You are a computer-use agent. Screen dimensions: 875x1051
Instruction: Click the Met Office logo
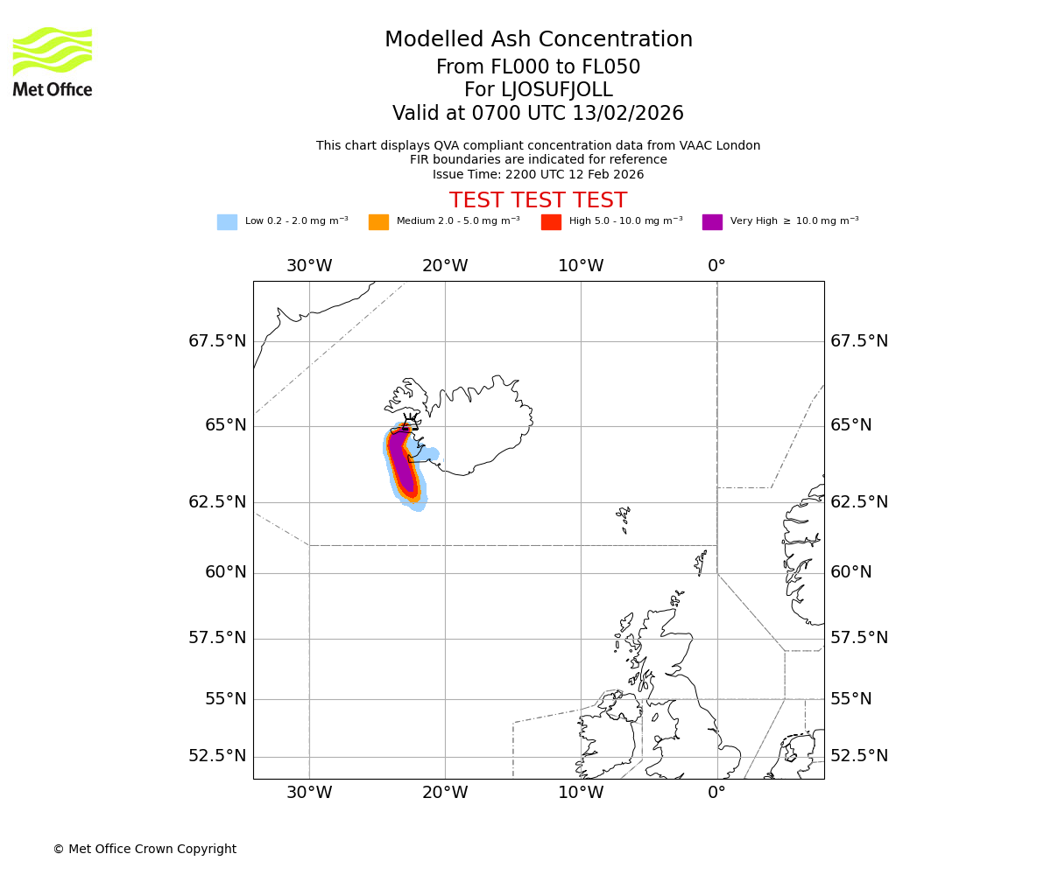point(53,61)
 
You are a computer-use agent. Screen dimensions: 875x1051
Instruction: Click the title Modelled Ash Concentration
point(538,40)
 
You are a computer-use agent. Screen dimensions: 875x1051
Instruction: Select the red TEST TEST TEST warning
point(538,200)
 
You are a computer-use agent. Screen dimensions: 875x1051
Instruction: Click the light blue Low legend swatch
point(227,222)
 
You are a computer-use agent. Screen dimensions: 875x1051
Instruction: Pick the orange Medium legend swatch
point(378,222)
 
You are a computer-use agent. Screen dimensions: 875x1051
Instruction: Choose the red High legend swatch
point(551,222)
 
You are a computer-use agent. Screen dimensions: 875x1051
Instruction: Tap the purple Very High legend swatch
point(712,222)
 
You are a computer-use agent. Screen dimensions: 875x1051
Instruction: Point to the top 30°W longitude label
point(309,266)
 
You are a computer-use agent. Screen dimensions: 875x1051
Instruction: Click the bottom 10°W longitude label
point(581,793)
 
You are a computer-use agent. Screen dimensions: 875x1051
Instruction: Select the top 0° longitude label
point(716,266)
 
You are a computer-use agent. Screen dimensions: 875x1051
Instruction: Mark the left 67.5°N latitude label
point(217,341)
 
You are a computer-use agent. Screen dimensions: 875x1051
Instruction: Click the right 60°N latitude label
point(851,572)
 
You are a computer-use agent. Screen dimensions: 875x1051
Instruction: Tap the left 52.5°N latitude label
point(217,756)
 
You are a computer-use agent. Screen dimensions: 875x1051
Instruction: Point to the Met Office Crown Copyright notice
point(145,849)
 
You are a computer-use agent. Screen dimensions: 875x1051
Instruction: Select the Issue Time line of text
point(538,174)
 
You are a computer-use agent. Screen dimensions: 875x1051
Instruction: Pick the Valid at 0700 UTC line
point(538,114)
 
